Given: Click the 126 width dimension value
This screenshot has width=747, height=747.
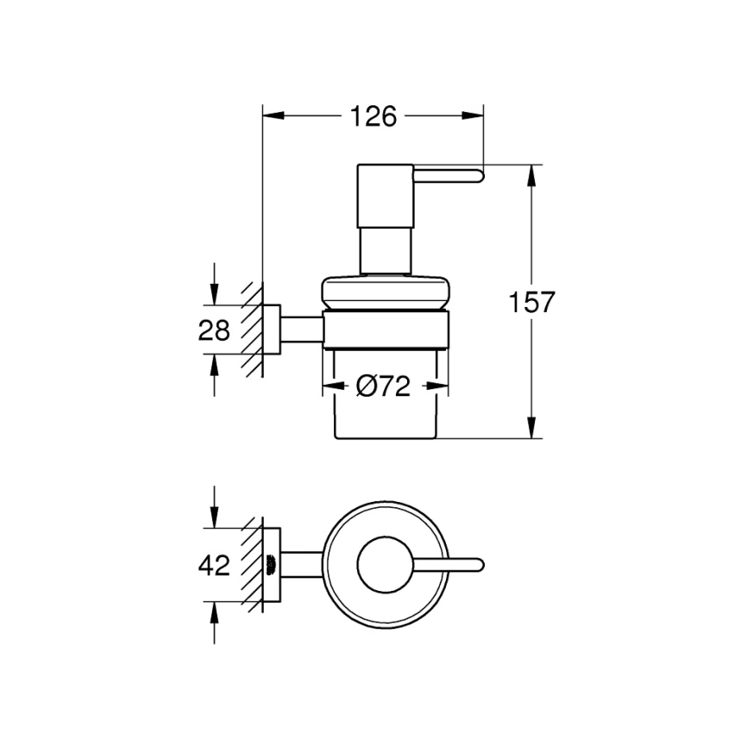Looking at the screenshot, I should [372, 116].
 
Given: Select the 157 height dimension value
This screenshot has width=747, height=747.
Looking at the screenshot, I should [530, 303].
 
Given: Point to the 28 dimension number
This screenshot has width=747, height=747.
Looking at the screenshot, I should [214, 330].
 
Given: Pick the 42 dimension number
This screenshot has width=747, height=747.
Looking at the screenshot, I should [214, 566].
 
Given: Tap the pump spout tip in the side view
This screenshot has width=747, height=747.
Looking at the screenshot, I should [476, 177].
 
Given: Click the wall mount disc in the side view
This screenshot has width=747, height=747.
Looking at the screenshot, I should [272, 330].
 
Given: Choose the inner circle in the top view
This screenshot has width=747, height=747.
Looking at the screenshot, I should [385, 566].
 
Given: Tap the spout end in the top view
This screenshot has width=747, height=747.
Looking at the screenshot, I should [477, 566].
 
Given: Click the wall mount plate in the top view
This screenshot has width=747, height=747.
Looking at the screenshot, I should [272, 566].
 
